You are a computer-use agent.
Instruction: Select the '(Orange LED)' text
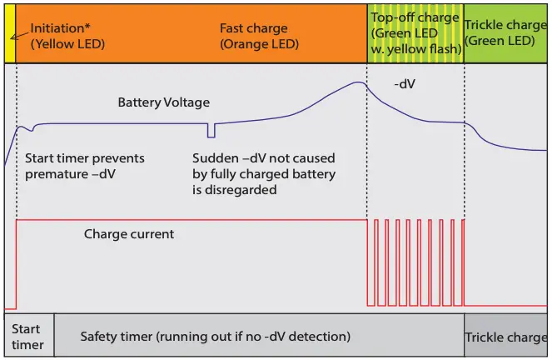point(259,44)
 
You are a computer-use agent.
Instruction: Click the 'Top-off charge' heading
point(415,17)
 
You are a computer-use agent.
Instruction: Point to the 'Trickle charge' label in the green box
point(505,25)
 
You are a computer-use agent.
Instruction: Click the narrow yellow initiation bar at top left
point(10,33)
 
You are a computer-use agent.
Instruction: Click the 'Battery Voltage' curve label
point(163,102)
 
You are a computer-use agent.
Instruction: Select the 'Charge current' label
point(129,234)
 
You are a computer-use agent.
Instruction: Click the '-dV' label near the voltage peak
point(405,84)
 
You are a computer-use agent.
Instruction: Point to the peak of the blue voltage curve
point(358,82)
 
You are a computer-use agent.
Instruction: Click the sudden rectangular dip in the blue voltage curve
point(211,131)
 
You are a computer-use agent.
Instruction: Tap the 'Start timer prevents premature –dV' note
point(84,166)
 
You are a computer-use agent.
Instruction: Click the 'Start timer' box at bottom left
point(27,337)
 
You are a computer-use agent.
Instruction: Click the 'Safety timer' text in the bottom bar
point(215,337)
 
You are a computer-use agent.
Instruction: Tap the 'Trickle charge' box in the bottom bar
point(505,337)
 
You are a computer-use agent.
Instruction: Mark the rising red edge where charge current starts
point(17,262)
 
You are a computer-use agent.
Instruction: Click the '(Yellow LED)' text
point(67,44)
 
